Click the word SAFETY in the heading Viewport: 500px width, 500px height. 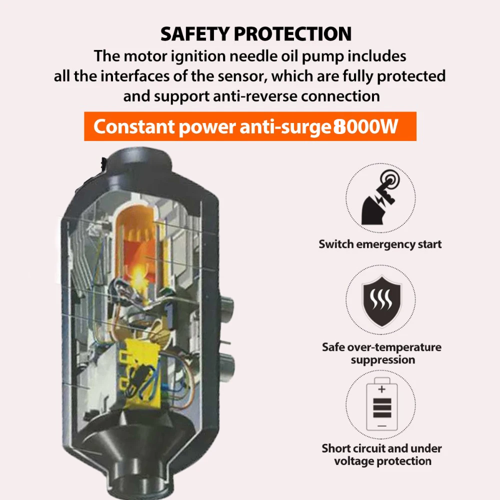coord(193,34)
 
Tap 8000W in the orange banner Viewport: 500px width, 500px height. coord(366,126)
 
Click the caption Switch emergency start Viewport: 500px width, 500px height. coord(380,244)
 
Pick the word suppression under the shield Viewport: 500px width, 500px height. coord(383,360)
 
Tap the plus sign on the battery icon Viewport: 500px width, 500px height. coord(382,388)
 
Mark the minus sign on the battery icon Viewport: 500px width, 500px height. coord(382,424)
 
